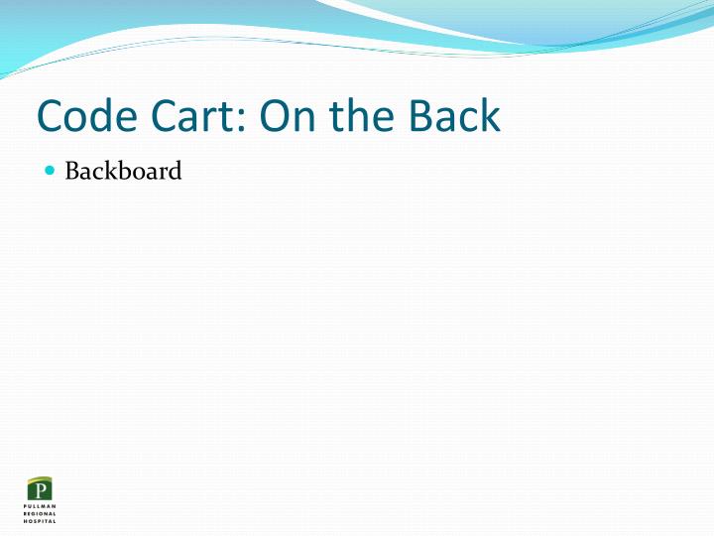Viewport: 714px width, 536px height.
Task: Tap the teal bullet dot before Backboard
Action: pyautogui.click(x=51, y=171)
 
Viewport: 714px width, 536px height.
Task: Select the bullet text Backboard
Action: pyautogui.click(x=123, y=171)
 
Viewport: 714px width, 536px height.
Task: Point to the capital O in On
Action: pyautogui.click(x=275, y=117)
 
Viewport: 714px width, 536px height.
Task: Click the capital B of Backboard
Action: pyautogui.click(x=72, y=171)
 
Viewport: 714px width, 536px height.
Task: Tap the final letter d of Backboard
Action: pyautogui.click(x=176, y=171)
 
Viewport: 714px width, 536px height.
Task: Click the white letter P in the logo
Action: pyautogui.click(x=41, y=490)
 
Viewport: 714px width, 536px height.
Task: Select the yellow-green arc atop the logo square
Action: pyautogui.click(x=41, y=479)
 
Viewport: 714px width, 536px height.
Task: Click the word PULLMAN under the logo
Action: pyautogui.click(x=41, y=506)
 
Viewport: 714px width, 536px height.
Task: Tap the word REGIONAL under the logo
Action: pyautogui.click(x=41, y=513)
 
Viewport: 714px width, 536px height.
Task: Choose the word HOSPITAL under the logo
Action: pyautogui.click(x=41, y=520)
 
